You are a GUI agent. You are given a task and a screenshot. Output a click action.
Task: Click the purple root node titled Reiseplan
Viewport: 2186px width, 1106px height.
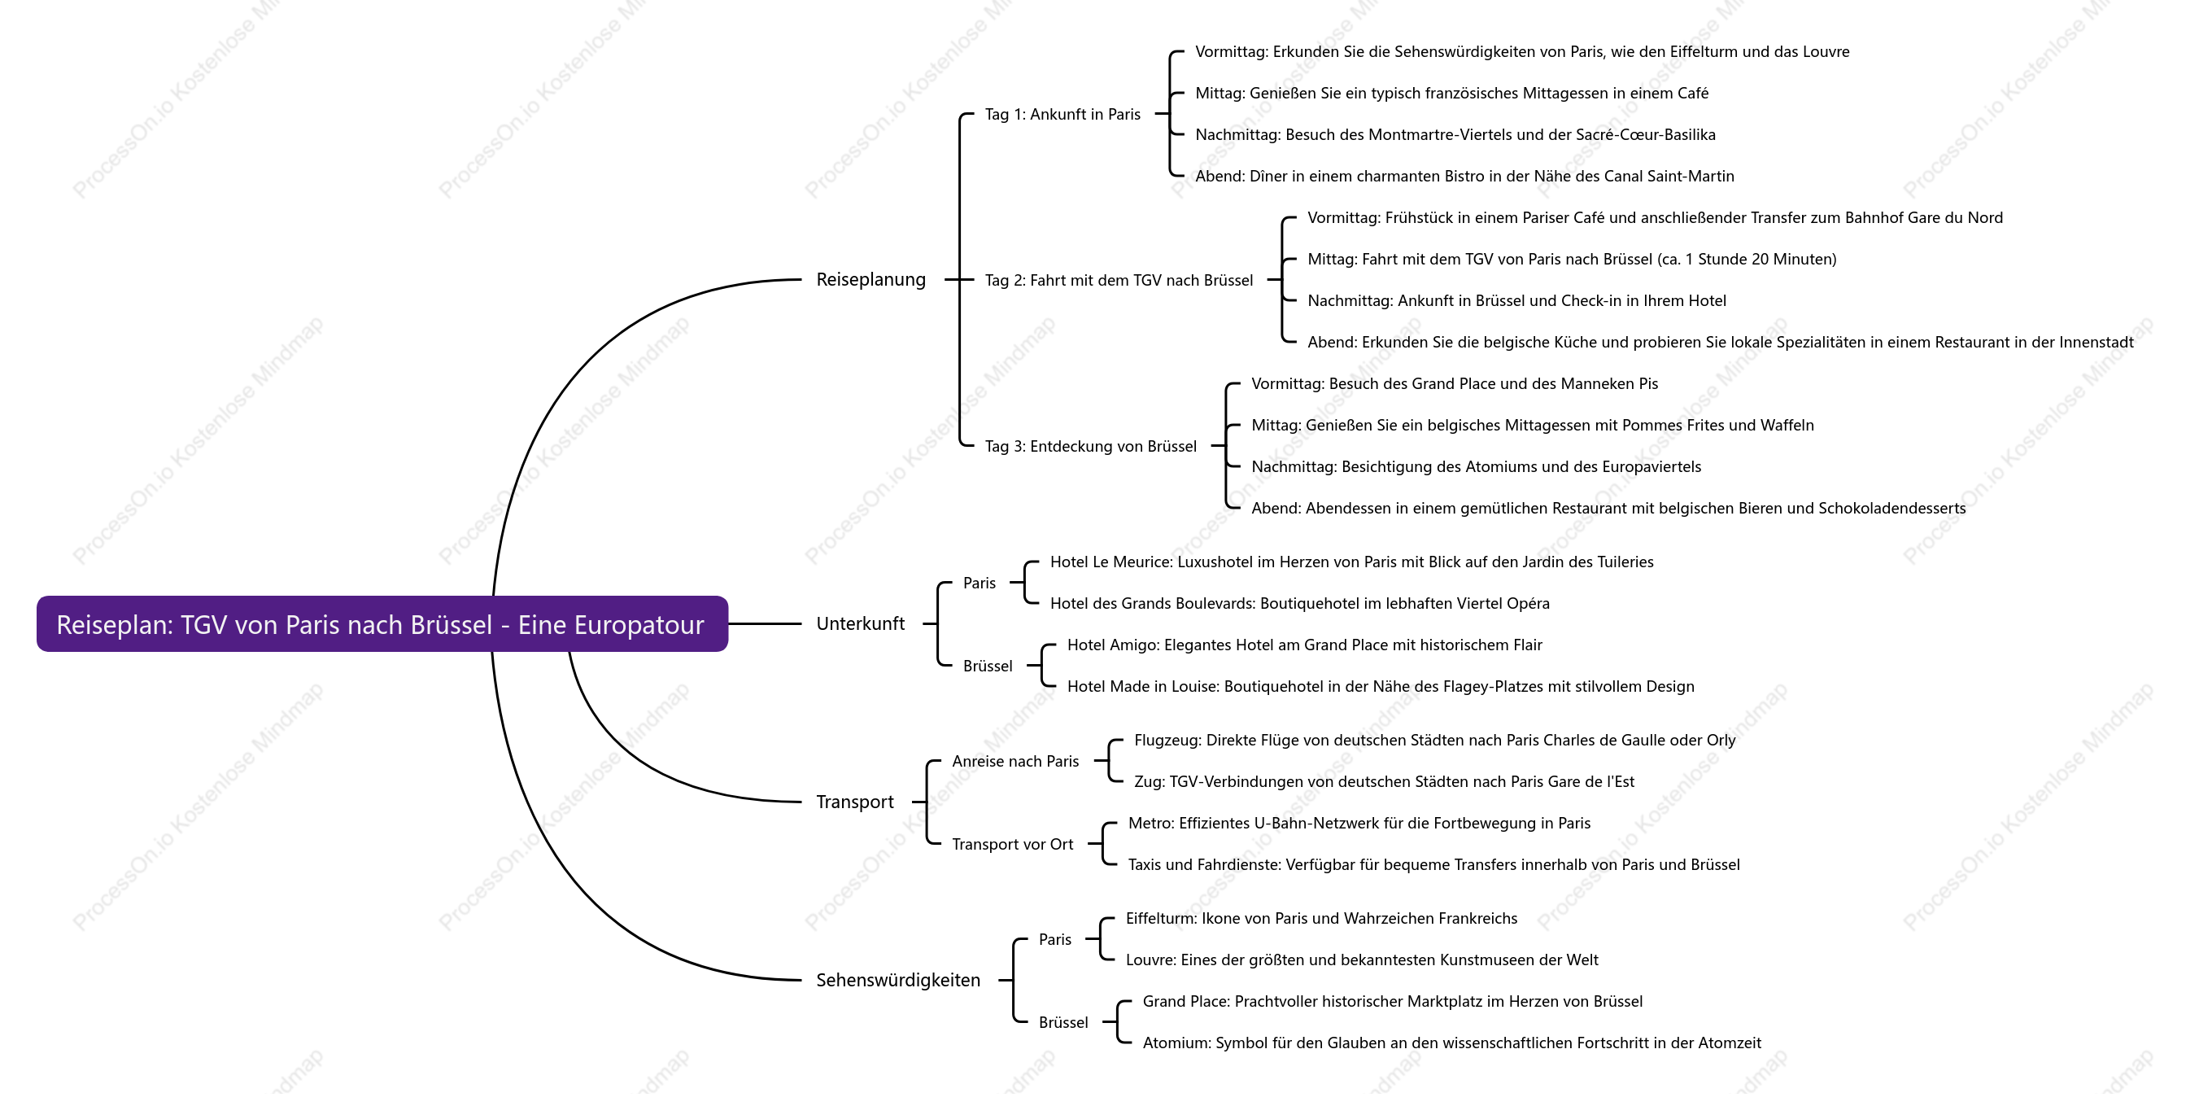pos(382,624)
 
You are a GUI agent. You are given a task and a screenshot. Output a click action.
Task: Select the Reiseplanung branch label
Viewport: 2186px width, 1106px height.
pos(870,279)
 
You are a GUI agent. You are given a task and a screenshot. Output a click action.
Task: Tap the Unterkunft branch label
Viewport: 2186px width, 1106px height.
pos(860,624)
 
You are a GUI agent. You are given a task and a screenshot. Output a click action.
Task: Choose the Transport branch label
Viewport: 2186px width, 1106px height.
pos(854,802)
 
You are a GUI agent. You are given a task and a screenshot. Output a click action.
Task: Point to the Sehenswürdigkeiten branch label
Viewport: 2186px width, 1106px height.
pos(898,981)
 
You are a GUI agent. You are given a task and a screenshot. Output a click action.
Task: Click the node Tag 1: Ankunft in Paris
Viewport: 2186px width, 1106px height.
pos(1062,114)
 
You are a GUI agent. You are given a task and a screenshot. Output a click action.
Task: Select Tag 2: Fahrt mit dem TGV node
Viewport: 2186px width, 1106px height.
pos(1119,280)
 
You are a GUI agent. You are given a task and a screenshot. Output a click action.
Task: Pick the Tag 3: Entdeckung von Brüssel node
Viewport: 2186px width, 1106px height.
pos(1090,447)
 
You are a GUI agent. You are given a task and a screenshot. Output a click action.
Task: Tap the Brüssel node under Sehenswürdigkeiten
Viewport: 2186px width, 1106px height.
pos(1063,1023)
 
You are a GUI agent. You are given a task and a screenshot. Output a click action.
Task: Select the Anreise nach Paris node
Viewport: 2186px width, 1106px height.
pos(1015,762)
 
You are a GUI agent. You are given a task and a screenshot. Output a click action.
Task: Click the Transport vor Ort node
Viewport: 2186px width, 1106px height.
pos(1012,845)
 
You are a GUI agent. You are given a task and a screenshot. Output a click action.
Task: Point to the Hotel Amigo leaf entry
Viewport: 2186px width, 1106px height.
pos(1304,645)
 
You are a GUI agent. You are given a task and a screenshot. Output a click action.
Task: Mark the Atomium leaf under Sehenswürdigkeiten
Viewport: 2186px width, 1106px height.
pos(1452,1043)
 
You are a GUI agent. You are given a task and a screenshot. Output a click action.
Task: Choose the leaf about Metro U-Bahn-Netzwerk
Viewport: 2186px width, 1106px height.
pos(1359,824)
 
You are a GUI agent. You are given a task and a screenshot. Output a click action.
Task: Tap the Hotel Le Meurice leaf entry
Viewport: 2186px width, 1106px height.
pos(1352,562)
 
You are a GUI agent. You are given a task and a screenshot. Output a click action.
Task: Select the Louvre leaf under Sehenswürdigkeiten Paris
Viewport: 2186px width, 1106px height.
pos(1362,960)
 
